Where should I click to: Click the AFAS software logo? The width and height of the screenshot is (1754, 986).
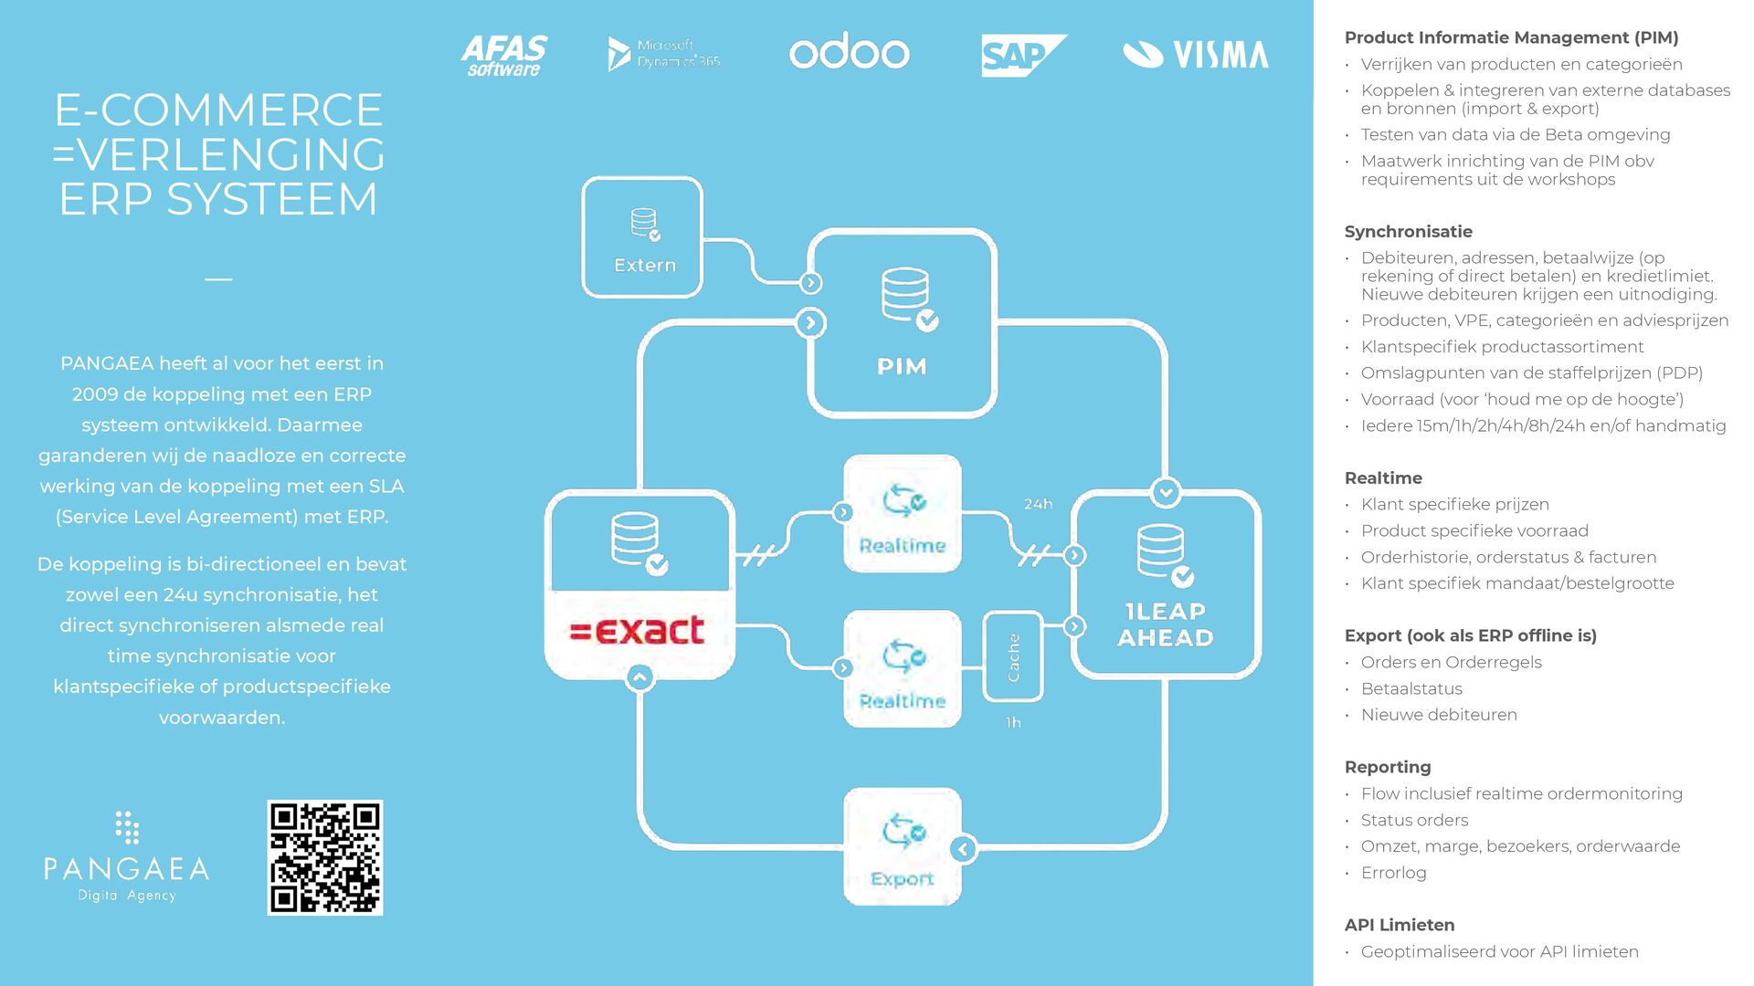click(x=503, y=55)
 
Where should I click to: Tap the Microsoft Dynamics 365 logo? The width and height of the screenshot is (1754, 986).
click(x=664, y=54)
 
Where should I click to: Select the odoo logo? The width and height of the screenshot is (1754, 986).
click(x=849, y=52)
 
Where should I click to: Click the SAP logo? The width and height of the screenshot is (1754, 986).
click(x=1022, y=55)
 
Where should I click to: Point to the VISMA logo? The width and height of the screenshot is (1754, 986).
click(x=1195, y=55)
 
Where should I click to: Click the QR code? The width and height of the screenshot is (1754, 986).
click(x=325, y=857)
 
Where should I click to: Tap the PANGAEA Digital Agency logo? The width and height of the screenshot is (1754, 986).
click(x=127, y=857)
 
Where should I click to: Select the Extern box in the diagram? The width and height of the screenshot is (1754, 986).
click(x=643, y=237)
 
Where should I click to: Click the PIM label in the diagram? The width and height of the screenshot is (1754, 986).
click(x=902, y=366)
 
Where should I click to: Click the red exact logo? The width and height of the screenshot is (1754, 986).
click(x=638, y=630)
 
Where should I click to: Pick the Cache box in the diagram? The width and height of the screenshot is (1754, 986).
click(x=1013, y=657)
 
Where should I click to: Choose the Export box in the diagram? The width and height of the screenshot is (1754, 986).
click(x=903, y=846)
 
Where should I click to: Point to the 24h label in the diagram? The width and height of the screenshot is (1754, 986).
click(x=1038, y=504)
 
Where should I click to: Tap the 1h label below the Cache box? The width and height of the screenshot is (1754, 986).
click(x=1013, y=722)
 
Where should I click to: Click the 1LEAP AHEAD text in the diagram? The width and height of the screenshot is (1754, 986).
click(x=1165, y=624)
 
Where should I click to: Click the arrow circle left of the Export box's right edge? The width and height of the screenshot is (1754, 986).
click(x=962, y=849)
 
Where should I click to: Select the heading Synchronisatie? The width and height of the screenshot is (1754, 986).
click(x=1408, y=232)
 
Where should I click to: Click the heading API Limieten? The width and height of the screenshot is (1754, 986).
click(x=1399, y=925)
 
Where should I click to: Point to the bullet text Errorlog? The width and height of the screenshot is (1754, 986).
click(x=1393, y=873)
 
